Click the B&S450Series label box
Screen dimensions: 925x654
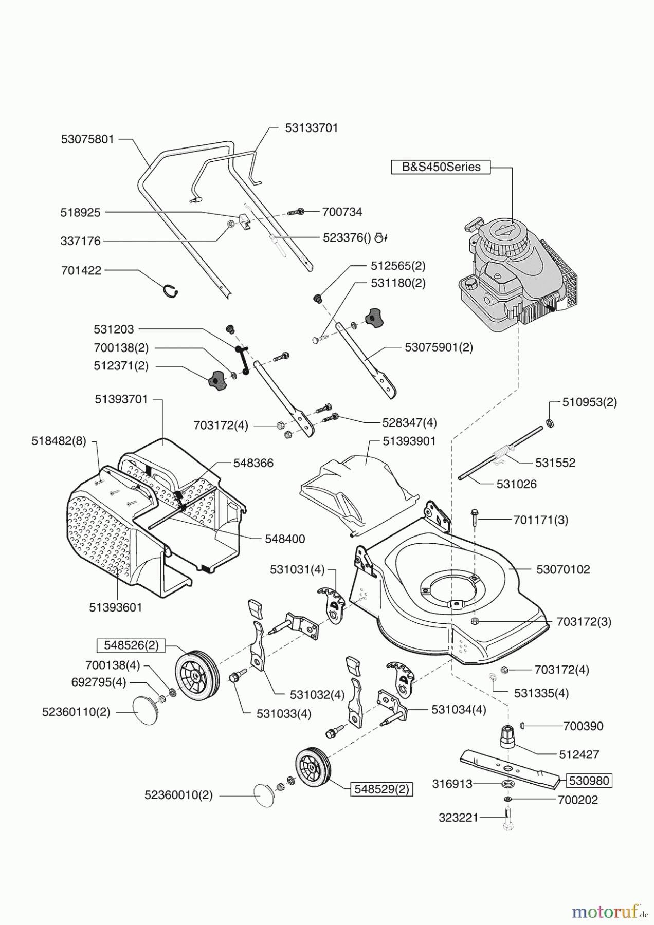(441, 167)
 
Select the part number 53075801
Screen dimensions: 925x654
(87, 139)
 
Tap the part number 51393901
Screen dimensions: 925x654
(409, 441)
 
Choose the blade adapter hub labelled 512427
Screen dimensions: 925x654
(507, 737)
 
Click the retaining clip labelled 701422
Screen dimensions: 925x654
(171, 291)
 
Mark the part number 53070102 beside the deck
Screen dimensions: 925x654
(563, 569)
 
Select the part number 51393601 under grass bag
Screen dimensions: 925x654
(115, 607)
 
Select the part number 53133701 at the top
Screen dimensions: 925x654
(312, 127)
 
